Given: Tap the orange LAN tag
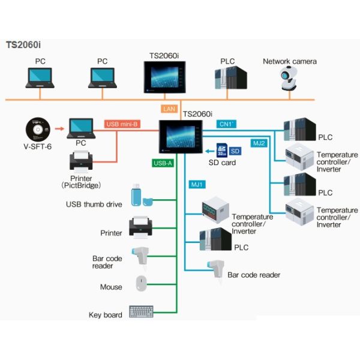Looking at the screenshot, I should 169,109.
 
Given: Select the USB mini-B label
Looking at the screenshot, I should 122,124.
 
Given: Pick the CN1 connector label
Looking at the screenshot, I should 227,124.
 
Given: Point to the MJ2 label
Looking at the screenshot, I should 259,143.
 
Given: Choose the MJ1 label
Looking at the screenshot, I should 197,183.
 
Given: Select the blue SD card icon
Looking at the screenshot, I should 220,150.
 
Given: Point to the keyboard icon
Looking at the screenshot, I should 142,312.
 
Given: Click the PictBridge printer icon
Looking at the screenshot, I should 82,161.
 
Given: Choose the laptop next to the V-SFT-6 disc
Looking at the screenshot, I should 81,128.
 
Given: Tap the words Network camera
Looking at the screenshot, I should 290,61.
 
